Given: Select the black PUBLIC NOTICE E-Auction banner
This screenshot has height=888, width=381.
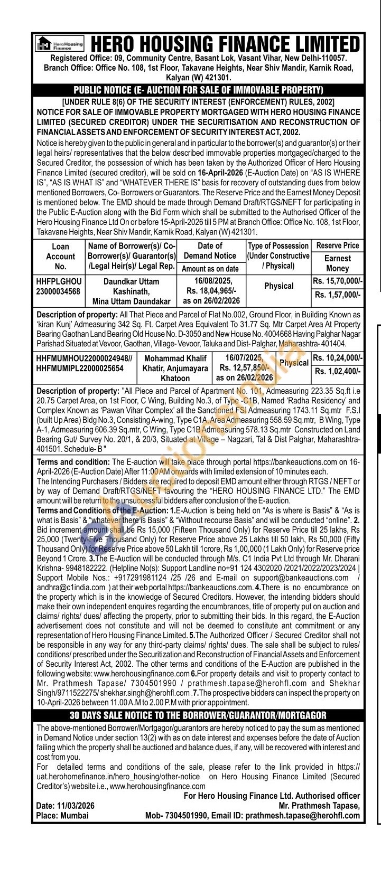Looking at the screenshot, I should click(198, 90).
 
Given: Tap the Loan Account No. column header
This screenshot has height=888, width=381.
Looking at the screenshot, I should click(60, 256).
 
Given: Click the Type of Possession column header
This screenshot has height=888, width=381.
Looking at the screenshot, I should click(278, 256).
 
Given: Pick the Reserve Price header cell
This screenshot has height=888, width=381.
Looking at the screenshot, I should click(337, 245).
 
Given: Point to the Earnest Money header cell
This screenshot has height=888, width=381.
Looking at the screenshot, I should click(337, 263).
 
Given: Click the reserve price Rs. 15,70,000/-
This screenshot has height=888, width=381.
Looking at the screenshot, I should click(337, 281).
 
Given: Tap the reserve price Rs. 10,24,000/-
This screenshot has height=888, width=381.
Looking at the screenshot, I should click(337, 358).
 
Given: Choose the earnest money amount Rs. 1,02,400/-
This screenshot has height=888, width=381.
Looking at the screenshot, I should click(337, 371).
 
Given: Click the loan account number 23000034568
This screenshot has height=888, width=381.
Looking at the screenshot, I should click(58, 291).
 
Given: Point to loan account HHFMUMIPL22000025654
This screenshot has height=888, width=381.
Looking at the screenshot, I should click(79, 368).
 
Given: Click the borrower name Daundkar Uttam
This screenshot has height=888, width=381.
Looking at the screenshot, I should click(131, 282).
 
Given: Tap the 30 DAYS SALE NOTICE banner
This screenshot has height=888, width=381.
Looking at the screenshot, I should click(198, 715).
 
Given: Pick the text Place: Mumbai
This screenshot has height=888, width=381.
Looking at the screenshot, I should click(62, 815).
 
